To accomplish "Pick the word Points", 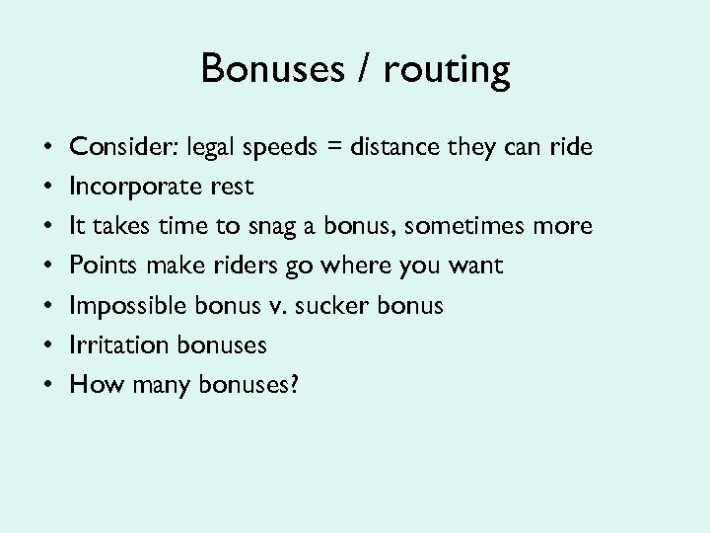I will point(102,266).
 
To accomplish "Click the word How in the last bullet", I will point(92,384).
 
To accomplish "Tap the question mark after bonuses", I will point(292,384).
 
